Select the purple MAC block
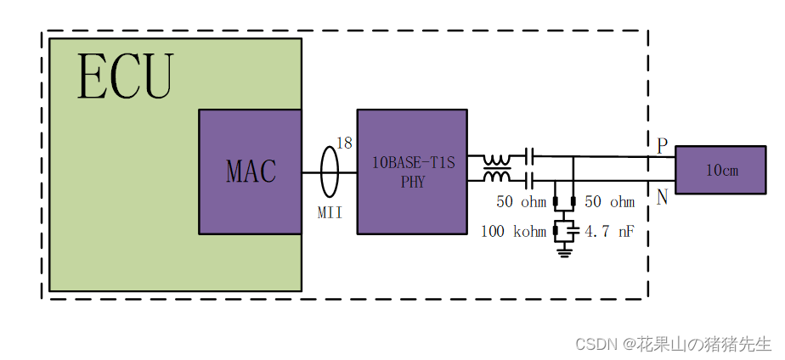251,172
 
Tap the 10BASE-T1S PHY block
412,172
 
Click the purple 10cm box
723,170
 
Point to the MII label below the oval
330,212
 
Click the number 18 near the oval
344,143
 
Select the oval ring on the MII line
330,172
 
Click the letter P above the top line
662,146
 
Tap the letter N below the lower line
662,198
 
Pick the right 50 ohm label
610,202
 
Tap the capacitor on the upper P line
529,157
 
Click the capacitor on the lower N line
529,179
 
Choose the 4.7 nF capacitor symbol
573,229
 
